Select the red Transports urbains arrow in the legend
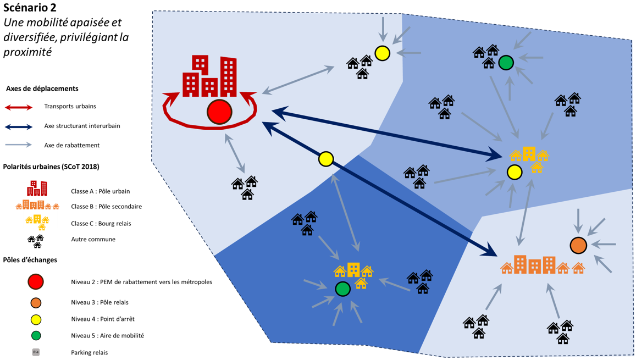19,107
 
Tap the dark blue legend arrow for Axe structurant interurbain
19,126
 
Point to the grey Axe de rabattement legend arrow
19,145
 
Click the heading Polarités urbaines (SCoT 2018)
51,167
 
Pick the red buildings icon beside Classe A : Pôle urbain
37,189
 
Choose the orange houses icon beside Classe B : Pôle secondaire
37,206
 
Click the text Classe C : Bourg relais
101,223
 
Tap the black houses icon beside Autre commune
36,240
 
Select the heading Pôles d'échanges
30,260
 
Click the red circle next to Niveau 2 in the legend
36,281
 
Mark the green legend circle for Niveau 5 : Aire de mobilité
36,335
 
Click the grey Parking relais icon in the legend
36,352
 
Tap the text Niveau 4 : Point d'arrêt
102,319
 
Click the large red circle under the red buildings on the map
219,112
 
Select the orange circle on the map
578,245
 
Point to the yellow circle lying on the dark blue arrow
326,159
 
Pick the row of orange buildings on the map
542,265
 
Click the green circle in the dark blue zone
342,289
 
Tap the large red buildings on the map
210,76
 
